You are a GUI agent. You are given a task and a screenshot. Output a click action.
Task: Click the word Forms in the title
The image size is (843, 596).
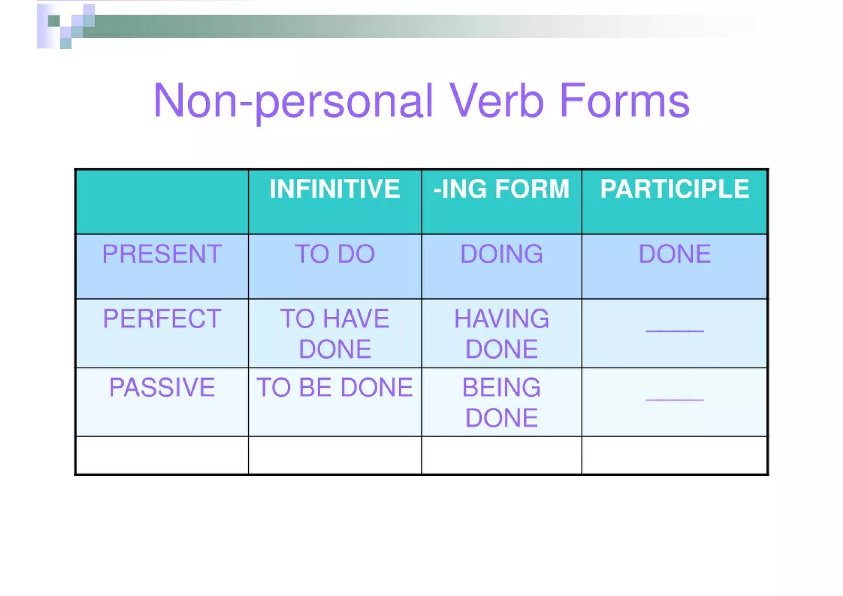[x=624, y=101]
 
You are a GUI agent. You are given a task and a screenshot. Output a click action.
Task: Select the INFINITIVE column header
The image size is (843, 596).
[x=335, y=189]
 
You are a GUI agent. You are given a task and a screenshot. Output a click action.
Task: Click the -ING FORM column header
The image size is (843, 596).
[x=501, y=189]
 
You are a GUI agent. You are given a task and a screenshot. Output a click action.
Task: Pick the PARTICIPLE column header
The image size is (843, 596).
[x=675, y=189]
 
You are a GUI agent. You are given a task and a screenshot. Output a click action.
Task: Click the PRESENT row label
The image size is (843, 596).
[x=162, y=254]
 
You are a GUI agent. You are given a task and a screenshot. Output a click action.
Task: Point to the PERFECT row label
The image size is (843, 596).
[x=162, y=318]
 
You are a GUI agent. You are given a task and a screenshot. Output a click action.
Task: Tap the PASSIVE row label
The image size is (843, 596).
[x=162, y=387]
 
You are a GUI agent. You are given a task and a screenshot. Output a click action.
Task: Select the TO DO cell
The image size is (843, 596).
[x=335, y=254]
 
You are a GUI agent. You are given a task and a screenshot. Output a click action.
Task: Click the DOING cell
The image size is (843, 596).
[x=501, y=254]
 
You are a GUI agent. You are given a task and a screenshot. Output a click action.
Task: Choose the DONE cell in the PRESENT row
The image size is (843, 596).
[x=675, y=254]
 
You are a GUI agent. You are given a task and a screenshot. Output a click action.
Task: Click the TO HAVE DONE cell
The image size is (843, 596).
[x=335, y=334]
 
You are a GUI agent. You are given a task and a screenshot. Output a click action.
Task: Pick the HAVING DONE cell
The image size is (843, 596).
[x=501, y=334]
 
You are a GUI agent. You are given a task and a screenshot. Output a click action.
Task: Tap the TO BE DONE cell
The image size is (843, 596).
[x=335, y=387]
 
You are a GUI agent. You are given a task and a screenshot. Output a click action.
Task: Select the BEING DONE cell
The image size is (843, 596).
[x=501, y=402]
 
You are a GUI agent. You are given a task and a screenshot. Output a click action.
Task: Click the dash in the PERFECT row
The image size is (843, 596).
[x=675, y=330]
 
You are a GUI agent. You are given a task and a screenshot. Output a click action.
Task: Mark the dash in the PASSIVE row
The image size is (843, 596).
[x=675, y=399]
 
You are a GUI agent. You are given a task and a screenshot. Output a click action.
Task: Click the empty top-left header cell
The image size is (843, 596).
[x=162, y=201]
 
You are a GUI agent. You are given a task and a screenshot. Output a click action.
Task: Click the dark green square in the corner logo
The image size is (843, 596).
[x=54, y=21]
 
